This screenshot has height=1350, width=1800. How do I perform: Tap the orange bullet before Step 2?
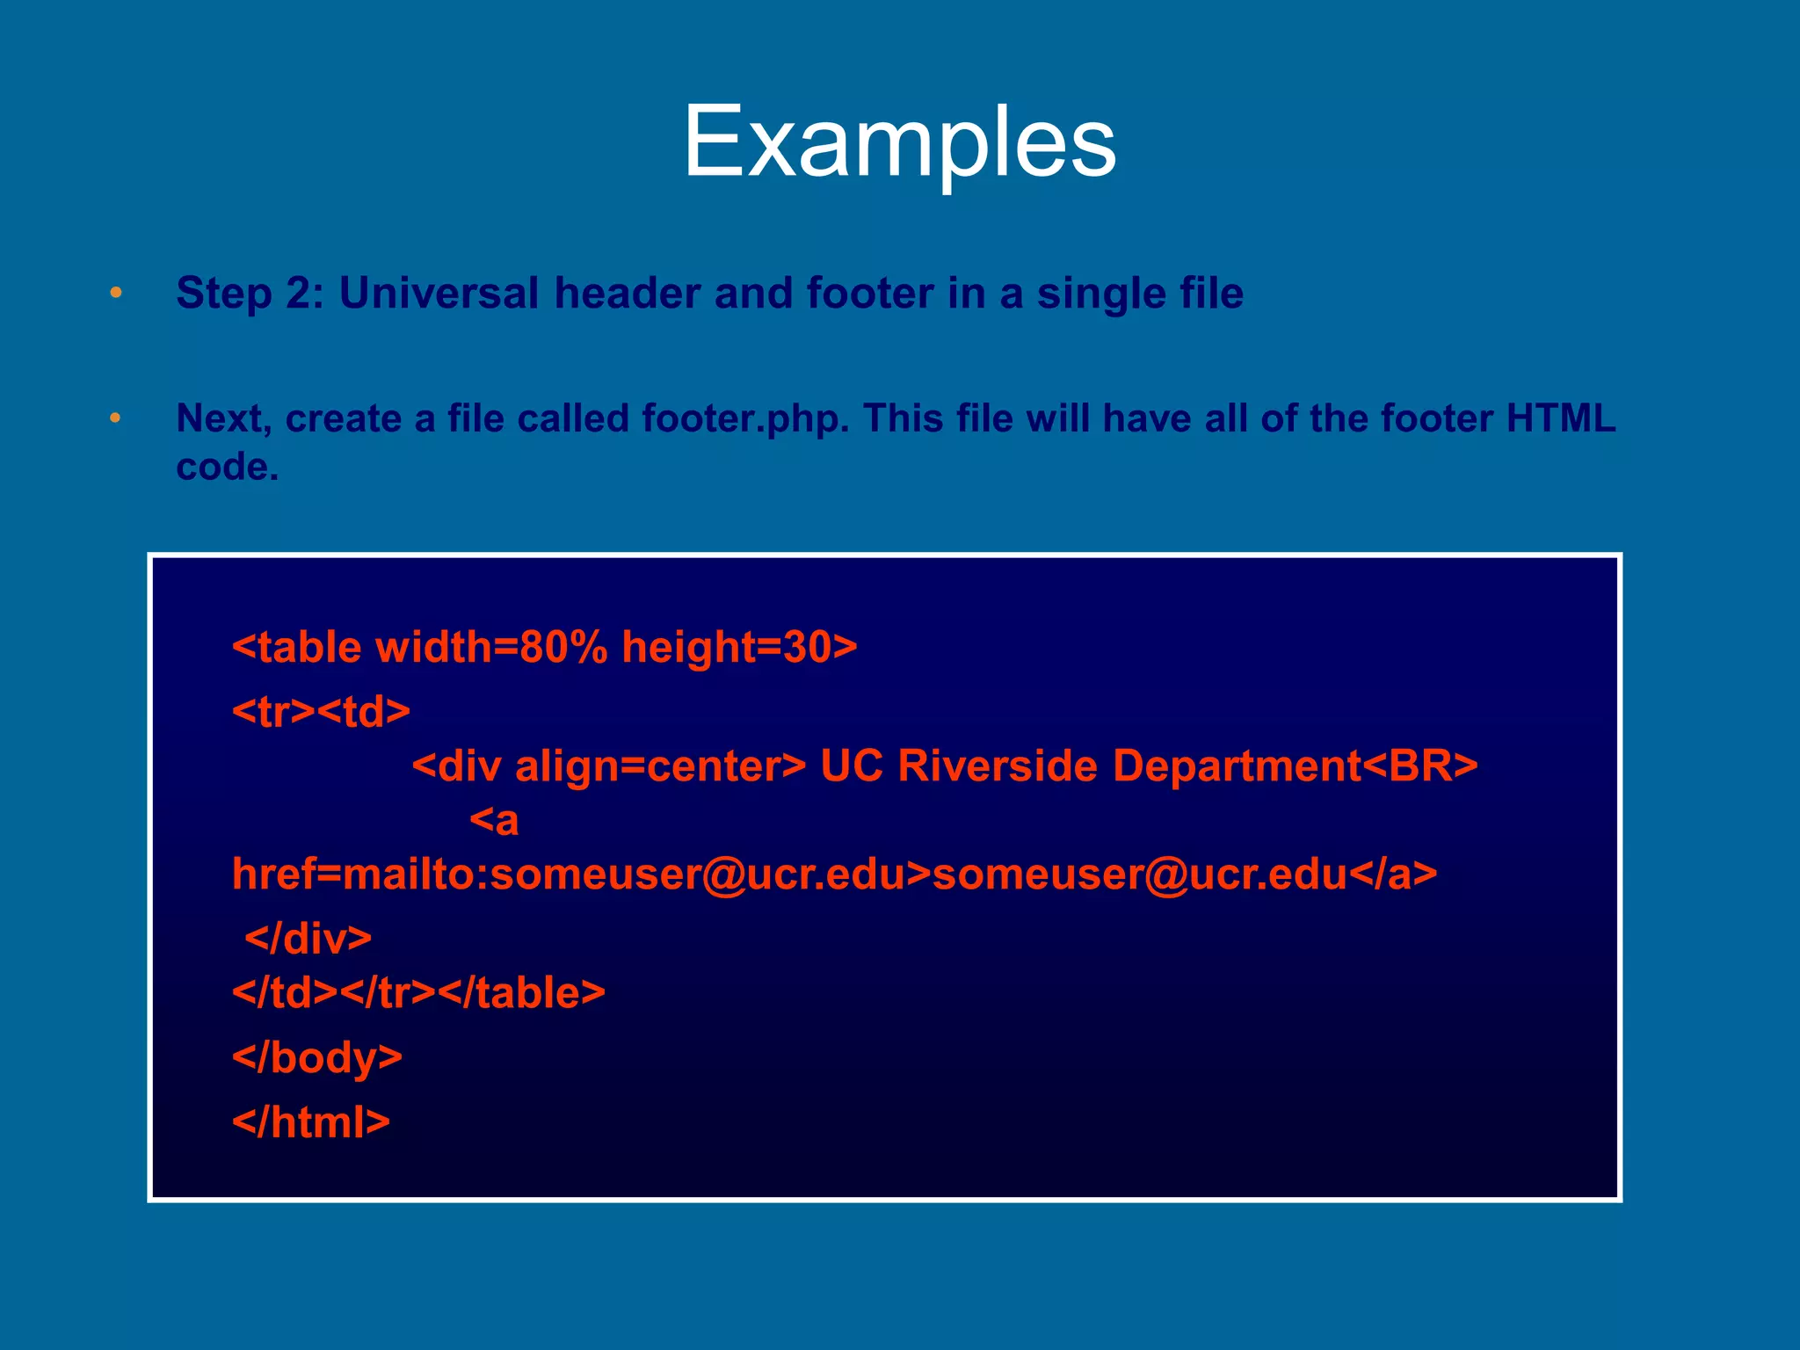[116, 293]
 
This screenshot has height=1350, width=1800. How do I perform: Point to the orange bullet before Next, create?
[116, 418]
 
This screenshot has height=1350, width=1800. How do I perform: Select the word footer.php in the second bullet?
[745, 419]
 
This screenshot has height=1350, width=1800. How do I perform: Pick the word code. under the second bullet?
[228, 467]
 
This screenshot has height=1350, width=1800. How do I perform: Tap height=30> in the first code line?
[739, 648]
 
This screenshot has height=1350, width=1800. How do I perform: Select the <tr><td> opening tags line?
[321, 711]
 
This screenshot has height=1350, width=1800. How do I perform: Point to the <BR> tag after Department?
[1420, 766]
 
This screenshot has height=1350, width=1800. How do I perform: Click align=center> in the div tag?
[660, 766]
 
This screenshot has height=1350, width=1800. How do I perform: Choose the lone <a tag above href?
[494, 821]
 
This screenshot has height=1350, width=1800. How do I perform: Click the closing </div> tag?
[308, 939]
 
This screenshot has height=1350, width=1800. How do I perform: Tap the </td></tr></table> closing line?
[418, 993]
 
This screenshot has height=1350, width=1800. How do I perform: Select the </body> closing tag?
[317, 1057]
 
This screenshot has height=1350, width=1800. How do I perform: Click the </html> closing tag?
[311, 1121]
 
